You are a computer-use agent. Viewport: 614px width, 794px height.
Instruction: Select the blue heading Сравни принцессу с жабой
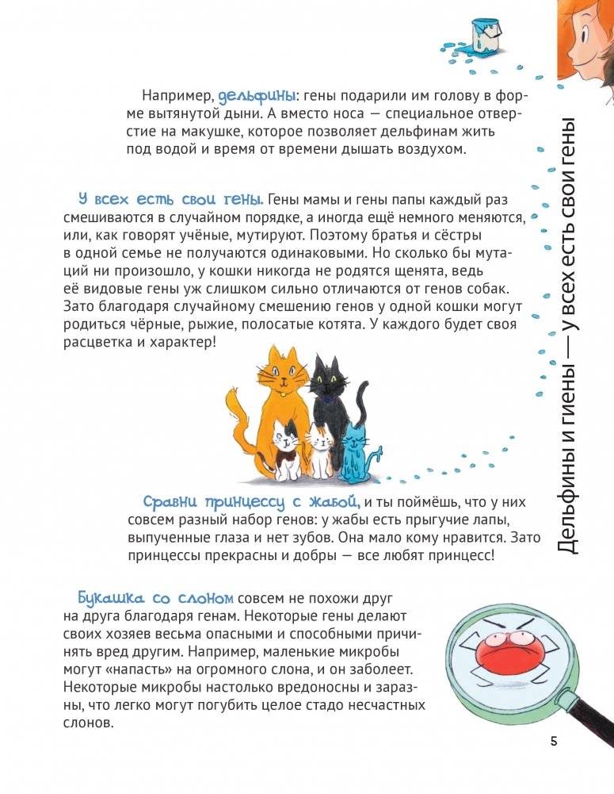click(252, 501)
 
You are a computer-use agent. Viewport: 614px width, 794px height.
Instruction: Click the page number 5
click(552, 741)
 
